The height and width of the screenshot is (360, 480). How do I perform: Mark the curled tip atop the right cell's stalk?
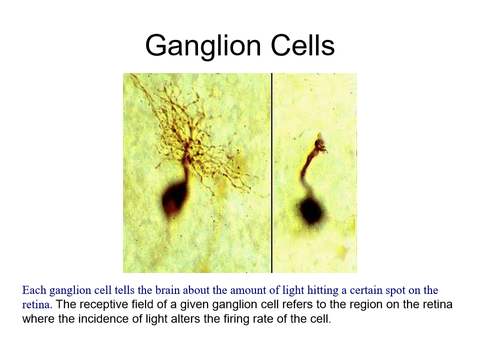point(319,145)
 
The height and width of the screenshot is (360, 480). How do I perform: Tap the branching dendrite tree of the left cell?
point(190,130)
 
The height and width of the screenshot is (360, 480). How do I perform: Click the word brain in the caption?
point(176,290)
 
